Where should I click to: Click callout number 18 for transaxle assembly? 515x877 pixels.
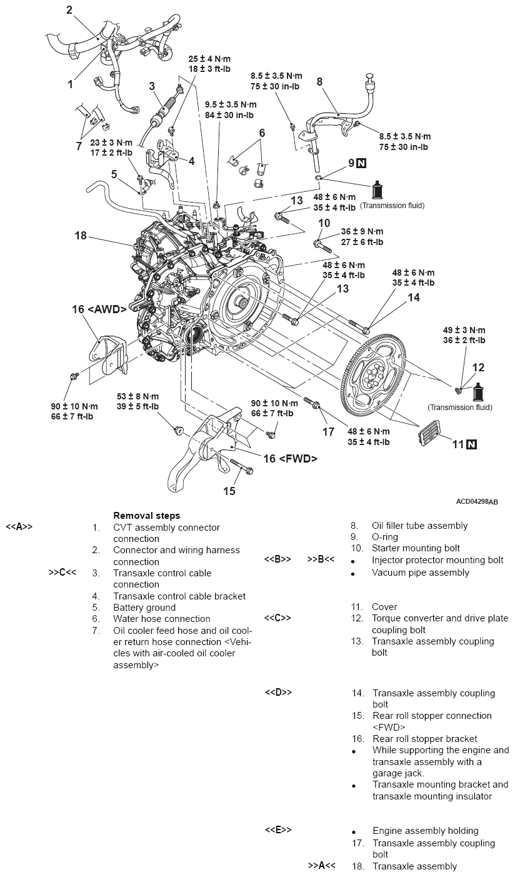(x=80, y=236)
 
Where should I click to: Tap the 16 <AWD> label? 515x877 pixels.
(x=100, y=309)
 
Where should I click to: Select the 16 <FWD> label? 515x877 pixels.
(x=290, y=458)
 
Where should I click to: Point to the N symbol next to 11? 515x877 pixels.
(x=471, y=444)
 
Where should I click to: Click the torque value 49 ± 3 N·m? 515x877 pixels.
(x=464, y=330)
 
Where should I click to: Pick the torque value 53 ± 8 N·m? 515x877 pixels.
(x=137, y=396)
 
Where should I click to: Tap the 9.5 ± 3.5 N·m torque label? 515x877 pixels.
(x=231, y=104)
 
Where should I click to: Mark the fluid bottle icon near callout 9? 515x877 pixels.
(x=378, y=190)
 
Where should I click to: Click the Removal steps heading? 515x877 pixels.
(x=146, y=516)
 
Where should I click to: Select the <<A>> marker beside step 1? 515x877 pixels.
(x=19, y=527)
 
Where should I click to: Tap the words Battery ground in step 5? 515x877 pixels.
(x=144, y=608)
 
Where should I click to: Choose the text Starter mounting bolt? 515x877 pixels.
(x=416, y=548)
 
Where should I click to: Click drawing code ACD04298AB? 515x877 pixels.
(x=477, y=501)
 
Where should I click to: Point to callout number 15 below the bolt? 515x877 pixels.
(x=229, y=491)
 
